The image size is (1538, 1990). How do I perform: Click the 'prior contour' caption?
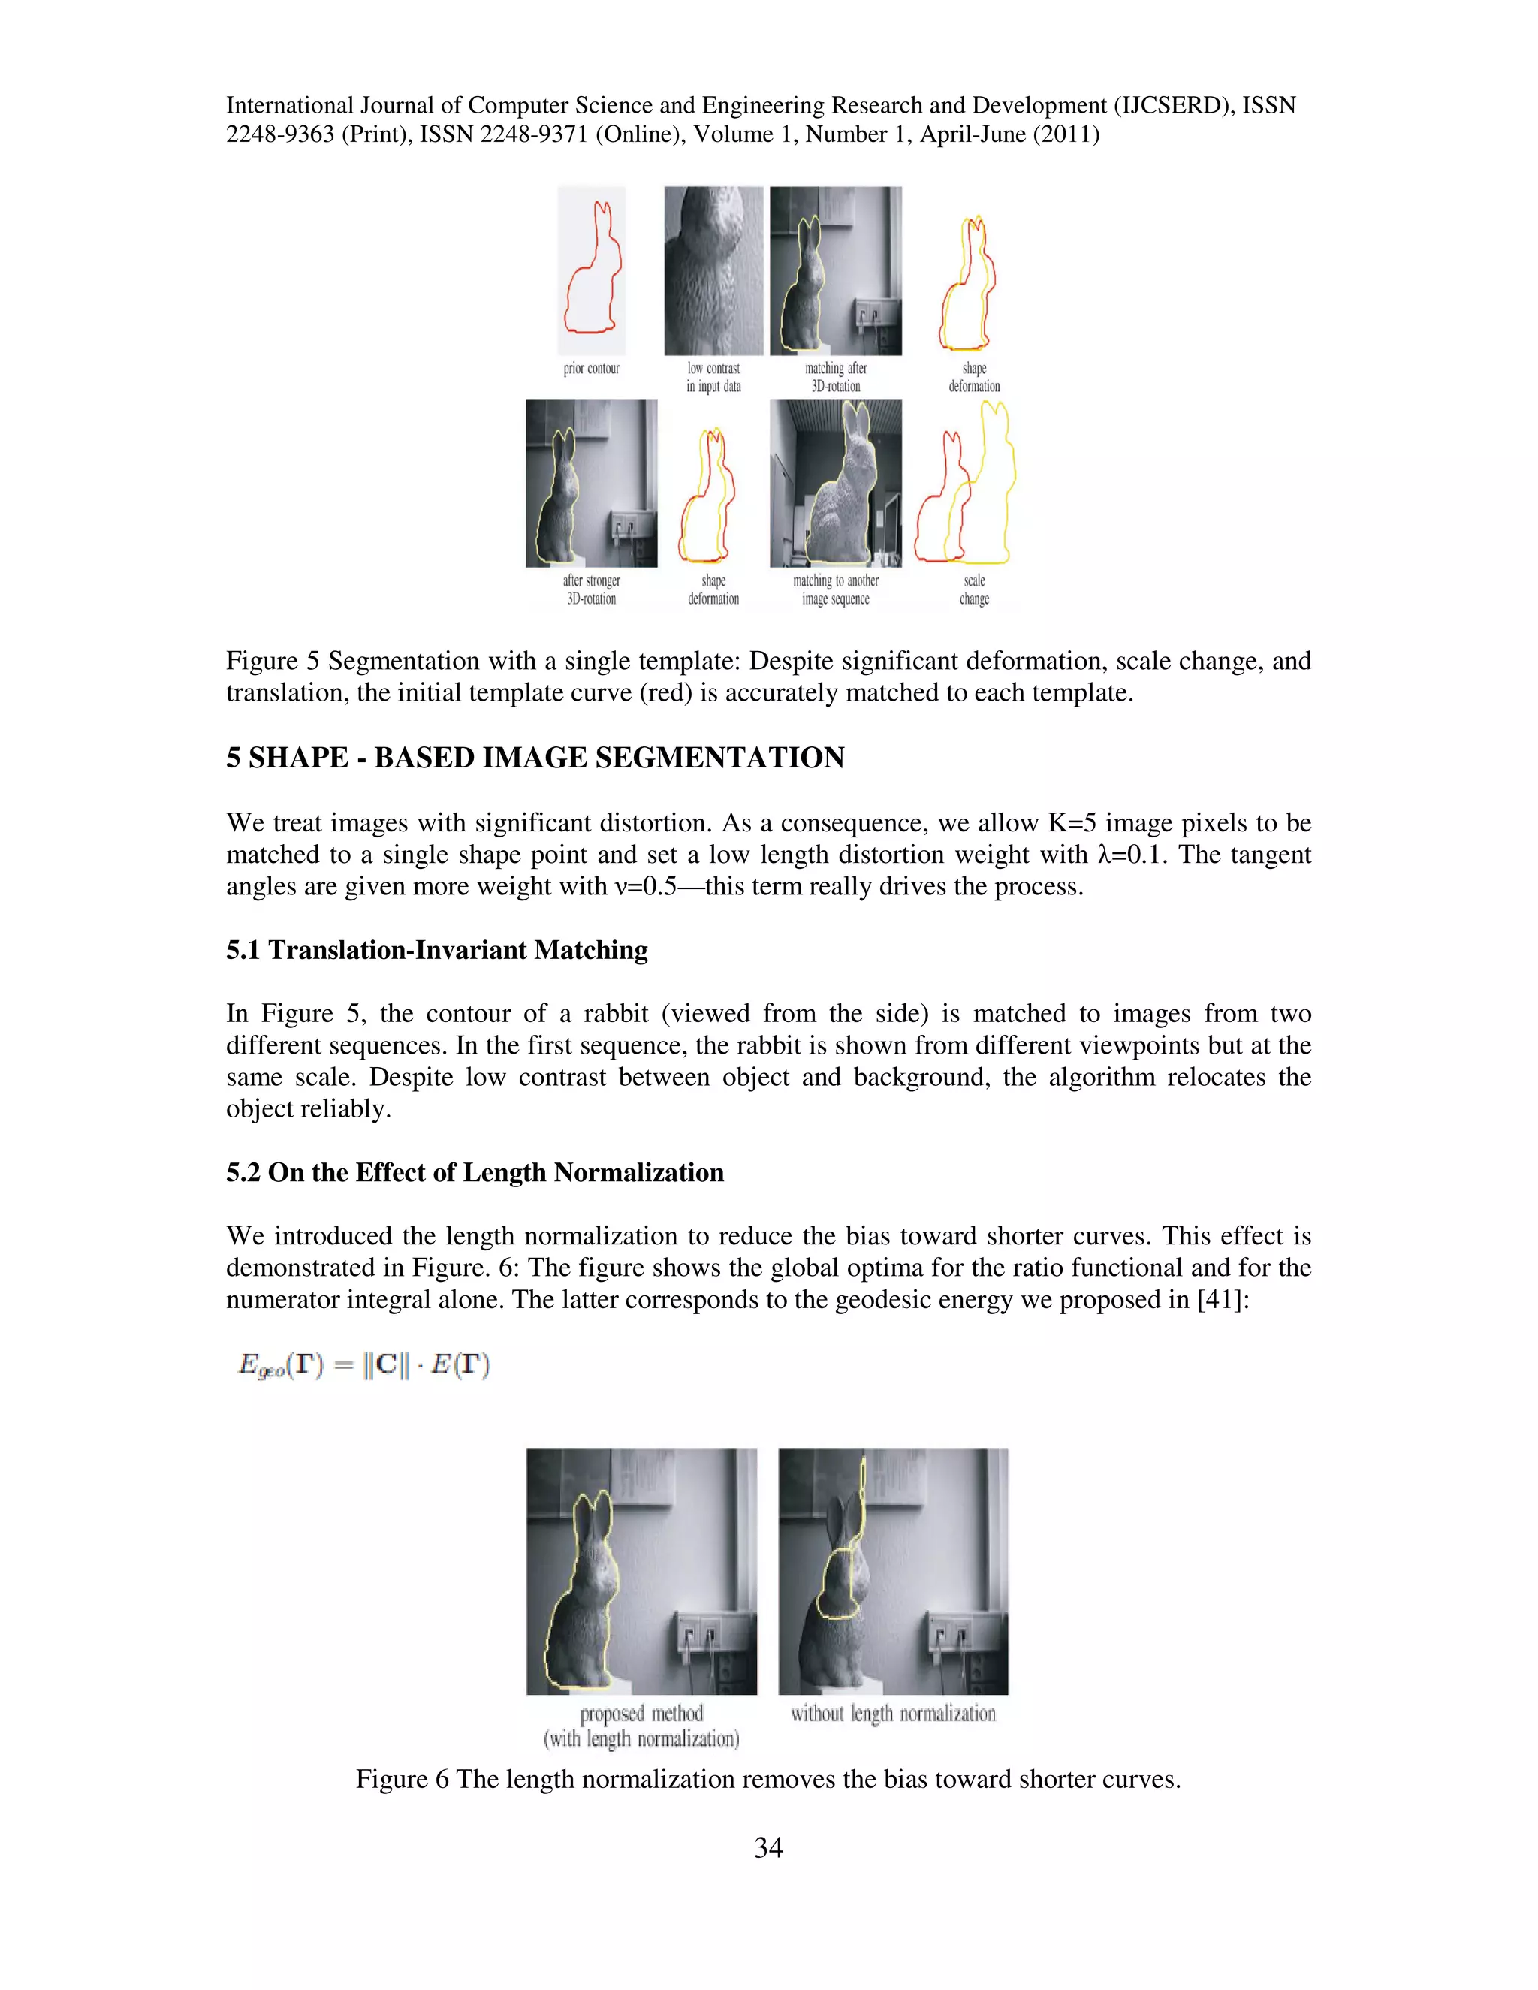(x=591, y=368)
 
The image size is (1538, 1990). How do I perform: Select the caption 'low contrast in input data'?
(x=713, y=377)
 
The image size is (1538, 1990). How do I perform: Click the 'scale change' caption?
(x=974, y=589)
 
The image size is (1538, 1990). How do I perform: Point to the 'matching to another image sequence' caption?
(x=836, y=589)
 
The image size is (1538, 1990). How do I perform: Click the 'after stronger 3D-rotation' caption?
(x=591, y=589)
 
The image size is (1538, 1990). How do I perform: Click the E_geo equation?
(x=364, y=1365)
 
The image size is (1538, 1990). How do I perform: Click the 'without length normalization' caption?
(x=893, y=1713)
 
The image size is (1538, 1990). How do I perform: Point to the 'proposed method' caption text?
(x=641, y=1713)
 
